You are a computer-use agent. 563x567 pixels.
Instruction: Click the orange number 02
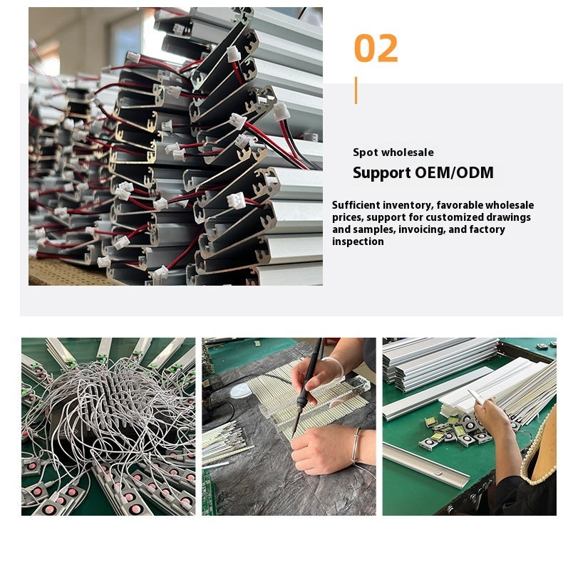[376, 48]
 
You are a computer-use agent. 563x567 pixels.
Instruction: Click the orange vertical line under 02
[356, 90]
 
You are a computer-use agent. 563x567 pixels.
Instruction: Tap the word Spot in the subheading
[366, 152]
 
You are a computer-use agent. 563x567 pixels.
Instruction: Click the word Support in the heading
[382, 173]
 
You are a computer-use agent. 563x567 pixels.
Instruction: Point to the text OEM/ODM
[454, 172]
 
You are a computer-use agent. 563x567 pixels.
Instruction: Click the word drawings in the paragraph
[509, 218]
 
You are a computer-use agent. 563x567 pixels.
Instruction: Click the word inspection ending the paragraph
[358, 242]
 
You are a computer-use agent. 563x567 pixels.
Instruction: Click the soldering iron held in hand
[307, 387]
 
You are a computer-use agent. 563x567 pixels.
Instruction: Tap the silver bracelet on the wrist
[356, 445]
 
